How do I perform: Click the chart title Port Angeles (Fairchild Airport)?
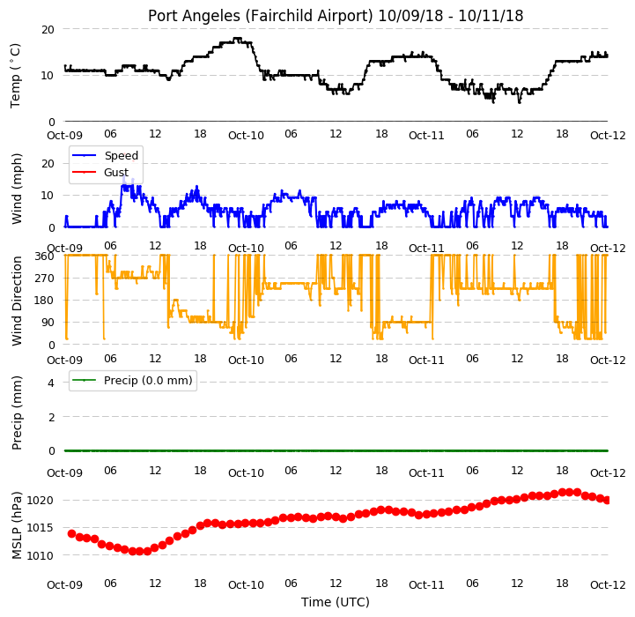point(260,16)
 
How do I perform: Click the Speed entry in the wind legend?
point(121,156)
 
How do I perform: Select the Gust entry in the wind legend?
point(116,172)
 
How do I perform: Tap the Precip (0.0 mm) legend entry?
point(148,380)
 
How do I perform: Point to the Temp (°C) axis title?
point(15,76)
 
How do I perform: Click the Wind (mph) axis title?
point(17,189)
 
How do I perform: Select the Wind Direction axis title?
point(17,301)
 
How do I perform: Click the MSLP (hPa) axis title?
point(17,525)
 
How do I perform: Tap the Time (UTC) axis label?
point(336,602)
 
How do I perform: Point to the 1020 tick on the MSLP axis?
point(40,501)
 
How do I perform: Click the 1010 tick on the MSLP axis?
point(40,556)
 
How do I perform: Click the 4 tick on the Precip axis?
point(51,383)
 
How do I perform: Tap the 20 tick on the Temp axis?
point(48,30)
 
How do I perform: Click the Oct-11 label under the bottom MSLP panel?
point(426,585)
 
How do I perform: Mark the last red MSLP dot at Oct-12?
point(607,501)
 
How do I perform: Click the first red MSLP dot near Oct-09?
point(72,533)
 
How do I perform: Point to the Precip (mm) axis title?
point(17,413)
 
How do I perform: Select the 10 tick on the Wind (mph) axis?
point(48,196)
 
